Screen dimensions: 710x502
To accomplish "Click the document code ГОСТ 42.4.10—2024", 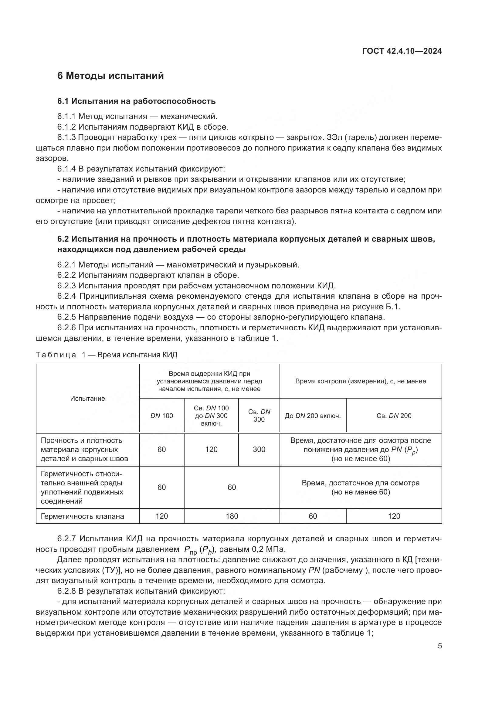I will pyautogui.click(x=402, y=51).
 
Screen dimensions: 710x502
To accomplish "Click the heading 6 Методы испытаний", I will pyautogui.click(x=110, y=76).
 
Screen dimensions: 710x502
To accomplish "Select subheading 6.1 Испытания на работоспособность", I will pyautogui.click(x=136, y=101).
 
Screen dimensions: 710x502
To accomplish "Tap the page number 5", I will pyautogui.click(x=439, y=646).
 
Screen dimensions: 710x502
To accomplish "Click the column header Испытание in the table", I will pyautogui.click(x=87, y=398).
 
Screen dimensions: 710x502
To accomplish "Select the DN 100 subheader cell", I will pyautogui.click(x=162, y=416).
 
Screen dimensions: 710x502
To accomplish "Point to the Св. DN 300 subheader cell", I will pyautogui.click(x=259, y=416).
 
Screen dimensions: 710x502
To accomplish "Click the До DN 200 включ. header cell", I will pyautogui.click(x=313, y=416).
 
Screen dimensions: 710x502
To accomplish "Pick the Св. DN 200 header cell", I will pyautogui.click(x=394, y=416).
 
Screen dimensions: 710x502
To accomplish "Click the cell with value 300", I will pyautogui.click(x=259, y=449).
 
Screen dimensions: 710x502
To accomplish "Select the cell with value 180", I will pyautogui.click(x=232, y=516).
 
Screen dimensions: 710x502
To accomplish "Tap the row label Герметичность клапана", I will pyautogui.click(x=82, y=516).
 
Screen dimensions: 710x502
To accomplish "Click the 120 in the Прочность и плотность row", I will pyautogui.click(x=212, y=449).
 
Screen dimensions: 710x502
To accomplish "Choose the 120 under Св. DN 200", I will pyautogui.click(x=394, y=516).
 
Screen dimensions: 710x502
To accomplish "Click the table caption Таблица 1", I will pyautogui.click(x=59, y=355).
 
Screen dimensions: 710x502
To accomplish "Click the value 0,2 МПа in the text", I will pyautogui.click(x=267, y=549).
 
